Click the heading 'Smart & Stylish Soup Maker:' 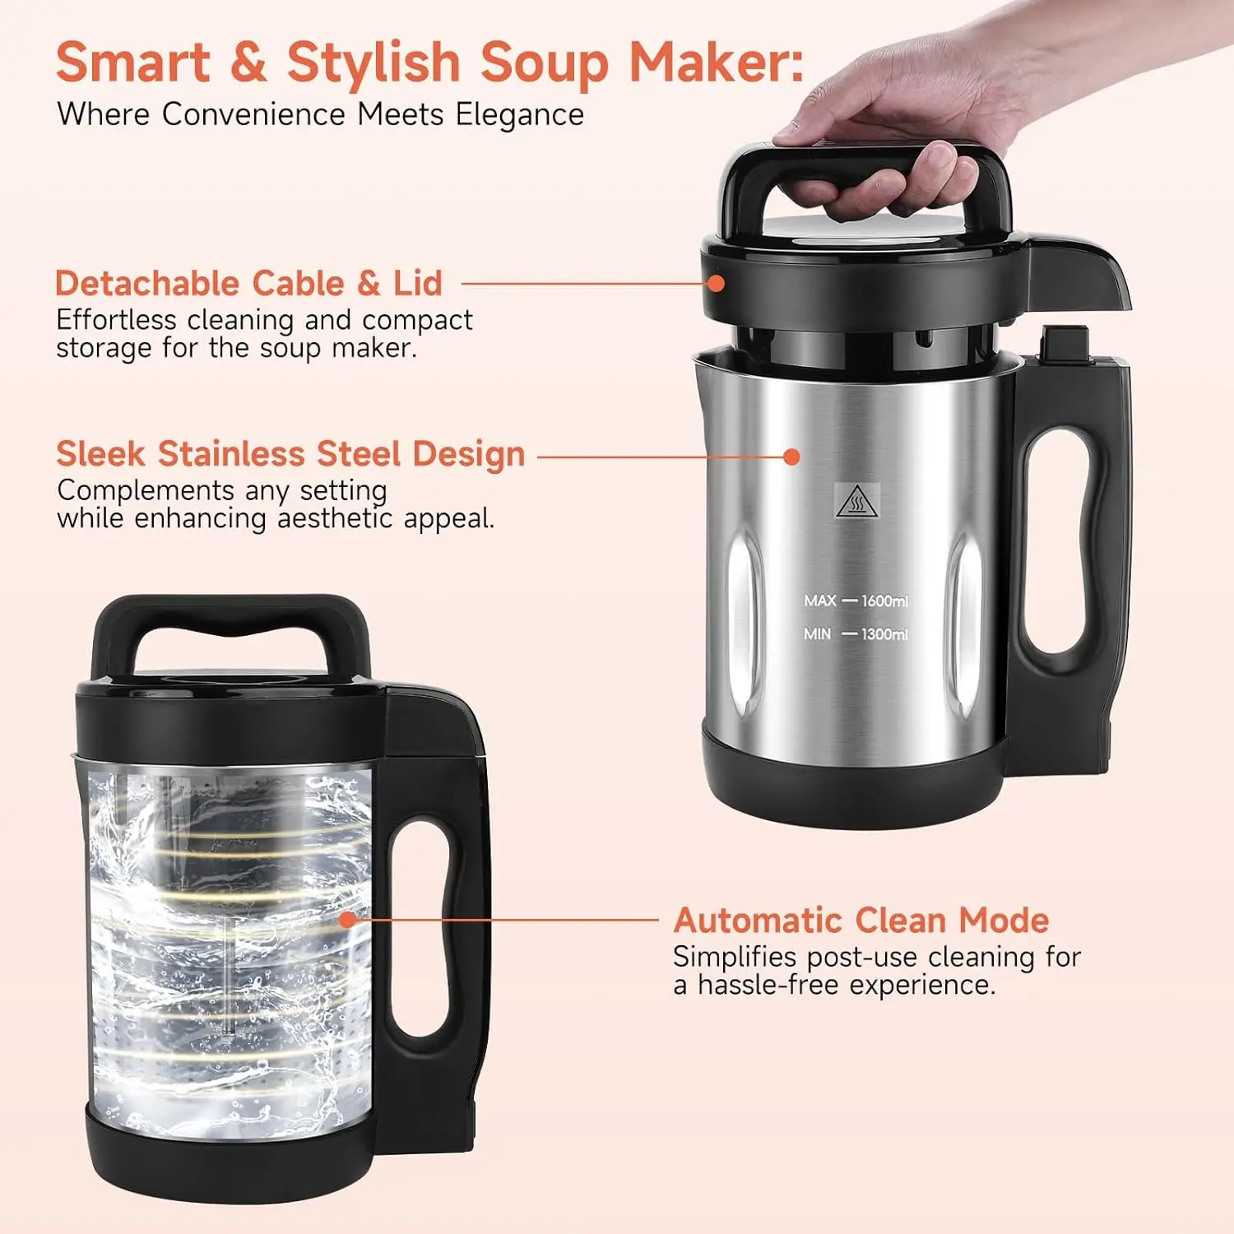click(x=429, y=63)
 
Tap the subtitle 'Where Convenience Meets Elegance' click(x=320, y=114)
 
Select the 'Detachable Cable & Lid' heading click(x=248, y=283)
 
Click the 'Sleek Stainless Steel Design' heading click(x=290, y=454)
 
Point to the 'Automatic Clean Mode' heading click(x=861, y=920)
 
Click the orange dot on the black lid click(x=717, y=283)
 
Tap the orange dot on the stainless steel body click(x=791, y=457)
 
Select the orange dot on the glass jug click(x=348, y=919)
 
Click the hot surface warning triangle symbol click(x=857, y=501)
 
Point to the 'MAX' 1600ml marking click(x=856, y=601)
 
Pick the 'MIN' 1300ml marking click(x=856, y=634)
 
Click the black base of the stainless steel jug click(x=856, y=782)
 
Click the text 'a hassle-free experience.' click(x=834, y=985)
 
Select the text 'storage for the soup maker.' click(x=236, y=348)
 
